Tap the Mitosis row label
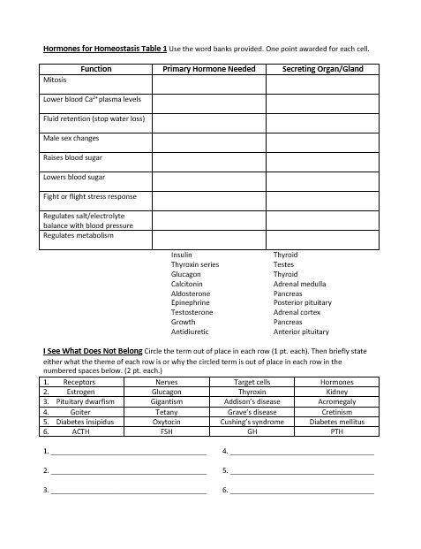click(x=55, y=80)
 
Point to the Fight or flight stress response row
click(x=90, y=196)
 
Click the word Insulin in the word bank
click(x=182, y=255)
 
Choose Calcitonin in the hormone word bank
click(x=187, y=284)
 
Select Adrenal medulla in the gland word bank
click(x=299, y=284)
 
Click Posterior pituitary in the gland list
click(x=303, y=303)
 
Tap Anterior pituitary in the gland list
click(x=302, y=332)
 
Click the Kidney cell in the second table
click(x=336, y=392)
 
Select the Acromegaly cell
click(x=336, y=401)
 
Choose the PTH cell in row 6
click(x=336, y=431)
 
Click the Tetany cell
click(x=167, y=412)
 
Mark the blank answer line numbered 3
click(x=128, y=491)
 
